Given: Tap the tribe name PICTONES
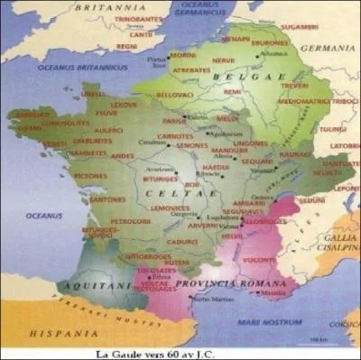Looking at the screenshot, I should [91, 176].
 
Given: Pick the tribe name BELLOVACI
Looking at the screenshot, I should [176, 94].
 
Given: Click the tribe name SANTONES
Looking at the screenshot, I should [108, 199].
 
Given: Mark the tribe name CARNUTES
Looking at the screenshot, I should [174, 136].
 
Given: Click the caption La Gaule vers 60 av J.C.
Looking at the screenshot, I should [180, 353].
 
